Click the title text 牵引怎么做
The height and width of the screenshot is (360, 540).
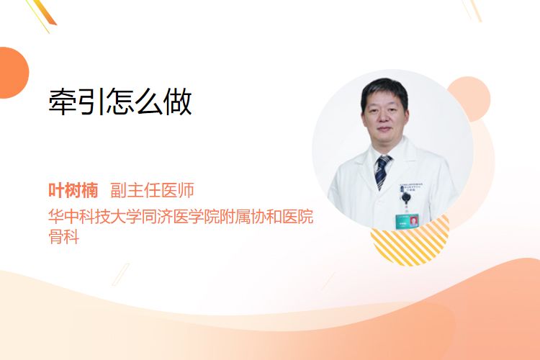point(120,102)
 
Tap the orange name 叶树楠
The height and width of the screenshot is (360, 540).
point(73,190)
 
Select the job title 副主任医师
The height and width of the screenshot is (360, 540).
point(152,190)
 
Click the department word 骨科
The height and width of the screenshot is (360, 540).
point(63,236)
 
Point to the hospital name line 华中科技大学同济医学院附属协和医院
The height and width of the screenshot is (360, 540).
point(181,216)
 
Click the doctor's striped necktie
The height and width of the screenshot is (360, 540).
point(382,171)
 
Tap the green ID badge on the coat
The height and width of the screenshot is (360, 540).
point(407,222)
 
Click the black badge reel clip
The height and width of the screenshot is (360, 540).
point(406,197)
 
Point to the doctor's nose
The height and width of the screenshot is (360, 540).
point(383,118)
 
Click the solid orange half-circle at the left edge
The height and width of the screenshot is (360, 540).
point(13,73)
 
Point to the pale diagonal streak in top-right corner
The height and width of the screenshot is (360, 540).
point(472,10)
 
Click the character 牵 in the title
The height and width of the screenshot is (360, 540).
point(62,102)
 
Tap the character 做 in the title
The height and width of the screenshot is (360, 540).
point(178,102)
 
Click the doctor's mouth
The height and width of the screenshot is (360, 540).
point(384,130)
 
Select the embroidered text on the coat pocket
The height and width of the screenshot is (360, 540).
point(411,187)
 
